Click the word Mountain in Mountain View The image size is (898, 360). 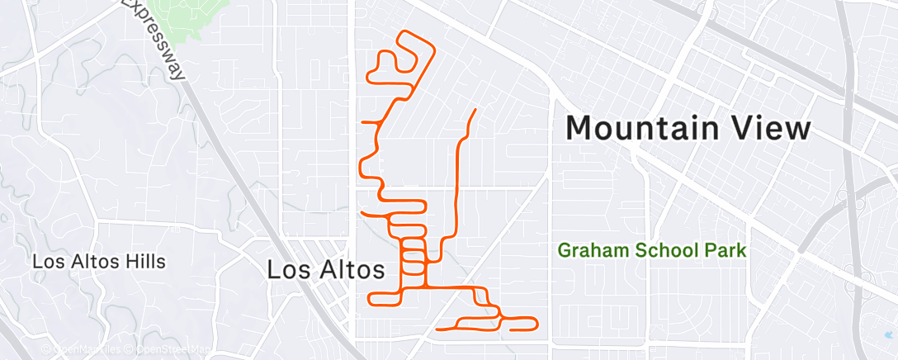click(x=648, y=130)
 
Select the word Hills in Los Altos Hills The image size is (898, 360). click(x=144, y=262)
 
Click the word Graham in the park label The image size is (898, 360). click(x=590, y=249)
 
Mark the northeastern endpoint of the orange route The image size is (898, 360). click(x=475, y=110)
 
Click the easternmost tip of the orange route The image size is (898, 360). click(x=537, y=321)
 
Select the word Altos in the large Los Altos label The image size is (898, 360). click(x=347, y=270)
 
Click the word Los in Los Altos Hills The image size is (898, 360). click(x=46, y=262)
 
